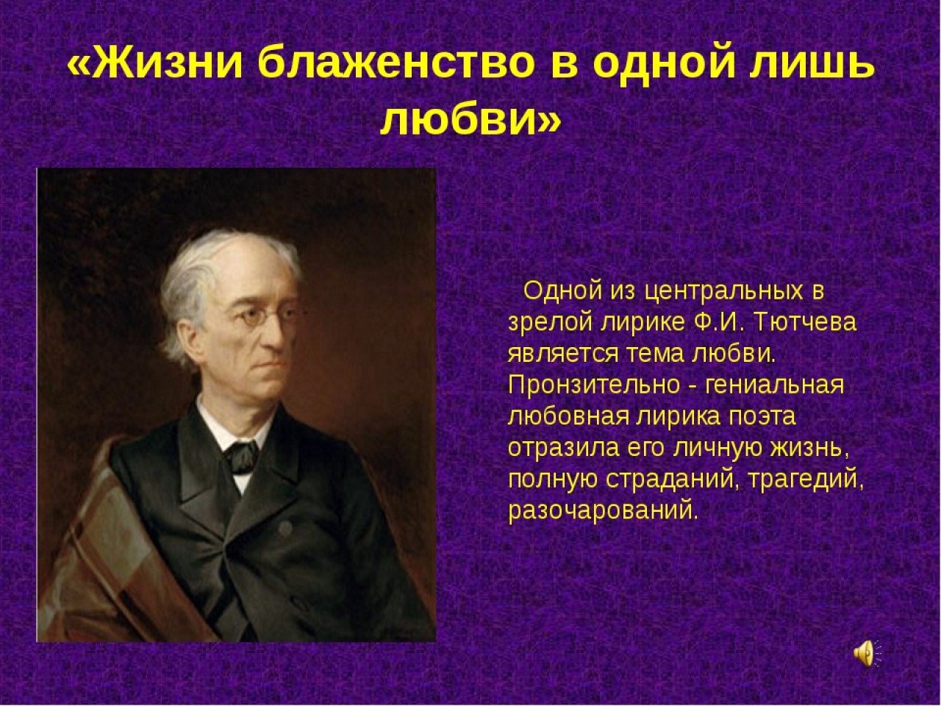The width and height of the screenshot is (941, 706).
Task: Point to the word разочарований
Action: pos(601,510)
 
